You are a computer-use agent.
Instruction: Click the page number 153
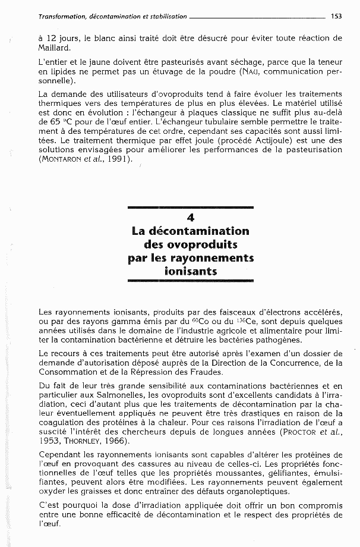[x=336, y=17]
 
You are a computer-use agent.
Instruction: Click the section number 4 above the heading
[x=190, y=218]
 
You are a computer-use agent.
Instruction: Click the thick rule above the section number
[x=190, y=208]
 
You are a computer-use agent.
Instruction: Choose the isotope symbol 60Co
[x=198, y=321]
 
